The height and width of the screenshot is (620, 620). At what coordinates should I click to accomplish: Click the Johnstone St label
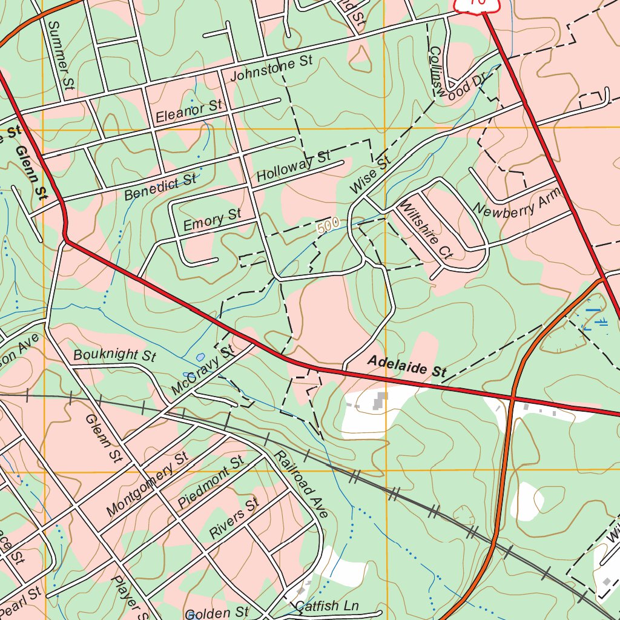point(271,68)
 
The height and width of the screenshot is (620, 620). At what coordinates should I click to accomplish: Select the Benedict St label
point(160,187)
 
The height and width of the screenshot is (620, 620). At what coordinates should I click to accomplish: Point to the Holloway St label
point(293,167)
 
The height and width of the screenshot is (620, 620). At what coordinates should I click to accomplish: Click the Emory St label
point(212,220)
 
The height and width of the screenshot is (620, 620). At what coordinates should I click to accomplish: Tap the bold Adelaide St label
point(407,367)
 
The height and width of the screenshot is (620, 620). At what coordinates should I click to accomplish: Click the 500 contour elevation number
point(328,226)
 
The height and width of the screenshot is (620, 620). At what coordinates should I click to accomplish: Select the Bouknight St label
point(114,355)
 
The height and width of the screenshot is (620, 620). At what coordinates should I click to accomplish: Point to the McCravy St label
point(202,371)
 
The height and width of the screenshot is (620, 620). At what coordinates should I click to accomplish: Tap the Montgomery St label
point(147,484)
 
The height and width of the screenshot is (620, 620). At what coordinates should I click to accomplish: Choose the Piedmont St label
point(211,483)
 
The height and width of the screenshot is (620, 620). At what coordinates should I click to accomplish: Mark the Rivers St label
point(234,518)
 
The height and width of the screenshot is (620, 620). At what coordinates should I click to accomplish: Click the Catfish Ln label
point(327,605)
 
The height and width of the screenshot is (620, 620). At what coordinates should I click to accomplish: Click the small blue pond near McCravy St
point(200,357)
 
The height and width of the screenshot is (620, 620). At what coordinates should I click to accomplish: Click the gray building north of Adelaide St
point(381,400)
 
